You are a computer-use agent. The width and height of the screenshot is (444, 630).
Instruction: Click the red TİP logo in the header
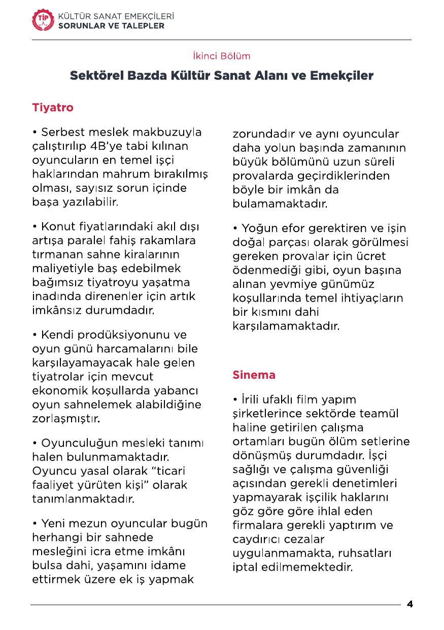(x=42, y=20)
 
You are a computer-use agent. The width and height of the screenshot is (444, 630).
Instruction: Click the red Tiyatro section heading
(x=53, y=108)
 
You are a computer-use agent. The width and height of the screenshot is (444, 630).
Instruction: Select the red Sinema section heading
(x=254, y=375)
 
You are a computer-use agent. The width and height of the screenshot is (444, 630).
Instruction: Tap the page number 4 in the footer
(x=410, y=605)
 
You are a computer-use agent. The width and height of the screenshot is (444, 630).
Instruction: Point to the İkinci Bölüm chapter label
(x=222, y=56)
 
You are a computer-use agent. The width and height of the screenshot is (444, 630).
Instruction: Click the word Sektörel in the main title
(x=98, y=76)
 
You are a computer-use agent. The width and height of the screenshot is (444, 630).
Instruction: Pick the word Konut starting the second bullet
(x=56, y=226)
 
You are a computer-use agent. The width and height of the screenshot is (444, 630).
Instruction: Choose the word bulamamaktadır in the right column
(x=280, y=204)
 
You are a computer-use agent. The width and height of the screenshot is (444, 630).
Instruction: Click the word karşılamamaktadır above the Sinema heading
(x=286, y=326)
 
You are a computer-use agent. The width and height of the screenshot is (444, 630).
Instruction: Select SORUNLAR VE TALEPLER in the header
(x=112, y=25)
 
